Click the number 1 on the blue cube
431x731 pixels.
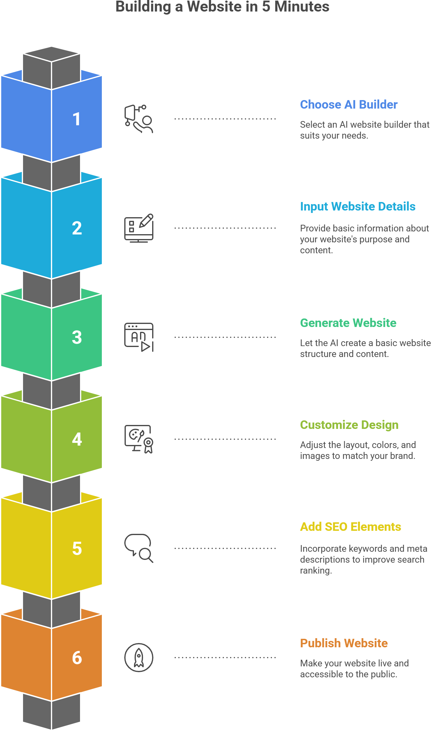click(x=77, y=119)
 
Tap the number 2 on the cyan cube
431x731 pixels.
click(x=77, y=228)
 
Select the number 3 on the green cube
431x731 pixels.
click(x=77, y=337)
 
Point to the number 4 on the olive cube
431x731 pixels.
click(x=77, y=439)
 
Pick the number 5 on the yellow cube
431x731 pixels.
click(x=77, y=548)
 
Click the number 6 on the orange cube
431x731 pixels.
click(x=77, y=658)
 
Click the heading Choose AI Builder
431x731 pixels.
click(x=349, y=105)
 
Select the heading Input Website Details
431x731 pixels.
click(x=358, y=207)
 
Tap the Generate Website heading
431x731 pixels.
click(x=348, y=323)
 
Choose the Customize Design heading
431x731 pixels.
click(x=349, y=425)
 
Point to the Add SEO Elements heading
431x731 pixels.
click(x=350, y=527)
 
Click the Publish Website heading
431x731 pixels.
click(x=344, y=643)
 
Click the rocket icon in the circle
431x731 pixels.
click(x=139, y=657)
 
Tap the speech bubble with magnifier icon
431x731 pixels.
click(x=139, y=548)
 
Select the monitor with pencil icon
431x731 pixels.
click(x=139, y=228)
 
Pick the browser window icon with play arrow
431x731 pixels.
click(x=139, y=337)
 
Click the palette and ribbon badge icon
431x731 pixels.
click(x=139, y=439)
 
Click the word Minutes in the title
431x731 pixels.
click(x=302, y=7)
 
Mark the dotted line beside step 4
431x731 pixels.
click(x=225, y=439)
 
